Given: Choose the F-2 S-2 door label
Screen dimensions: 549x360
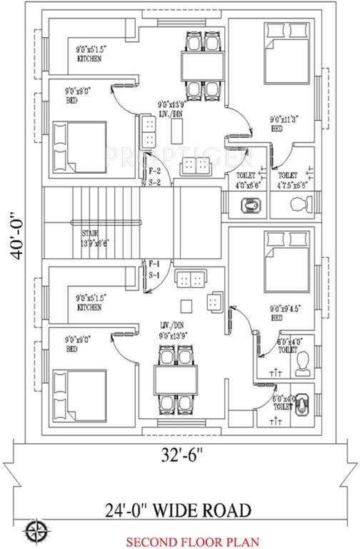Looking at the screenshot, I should pyautogui.click(x=154, y=177).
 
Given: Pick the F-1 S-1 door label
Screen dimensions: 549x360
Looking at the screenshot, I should pyautogui.click(x=154, y=269).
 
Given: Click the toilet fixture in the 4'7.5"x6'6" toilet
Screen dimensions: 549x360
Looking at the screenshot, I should pyautogui.click(x=300, y=205).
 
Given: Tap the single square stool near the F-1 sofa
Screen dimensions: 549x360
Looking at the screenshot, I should pyautogui.click(x=186, y=306).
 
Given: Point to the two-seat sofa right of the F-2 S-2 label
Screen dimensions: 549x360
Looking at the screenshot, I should pyautogui.click(x=195, y=166).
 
